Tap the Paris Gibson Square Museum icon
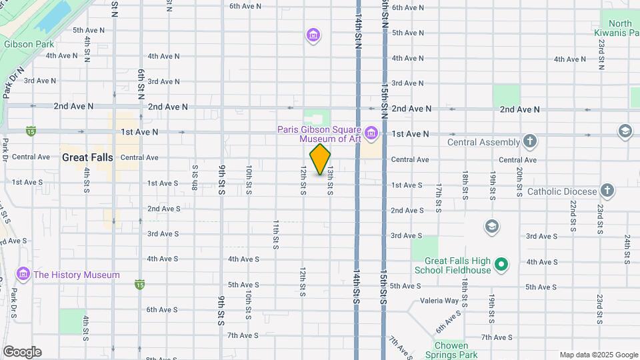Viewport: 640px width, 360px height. (x=371, y=134)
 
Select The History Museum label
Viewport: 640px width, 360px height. (x=77, y=275)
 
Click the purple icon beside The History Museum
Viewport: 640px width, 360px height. (x=23, y=274)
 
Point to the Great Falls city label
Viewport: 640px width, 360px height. (x=87, y=158)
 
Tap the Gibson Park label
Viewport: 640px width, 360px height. (x=28, y=45)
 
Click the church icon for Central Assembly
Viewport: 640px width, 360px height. (x=529, y=141)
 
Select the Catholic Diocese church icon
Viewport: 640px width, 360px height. (x=607, y=191)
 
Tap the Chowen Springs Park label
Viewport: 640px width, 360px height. (x=451, y=350)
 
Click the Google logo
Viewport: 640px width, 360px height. (x=22, y=352)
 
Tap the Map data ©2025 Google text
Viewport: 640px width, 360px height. (x=598, y=355)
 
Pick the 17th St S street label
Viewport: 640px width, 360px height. (x=438, y=197)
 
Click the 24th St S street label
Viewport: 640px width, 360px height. (x=627, y=248)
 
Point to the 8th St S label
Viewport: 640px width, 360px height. (x=195, y=177)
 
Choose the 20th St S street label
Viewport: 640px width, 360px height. (x=519, y=182)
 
